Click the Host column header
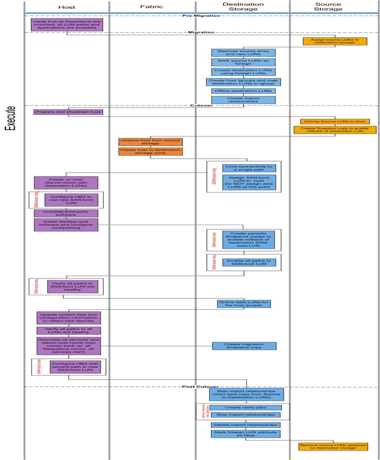click(67, 7)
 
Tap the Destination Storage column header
click(243, 7)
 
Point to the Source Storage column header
click(328, 7)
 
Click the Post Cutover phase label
click(200, 386)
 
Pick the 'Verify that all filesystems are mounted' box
click(67, 25)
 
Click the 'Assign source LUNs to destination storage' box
click(331, 41)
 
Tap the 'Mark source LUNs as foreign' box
click(243, 62)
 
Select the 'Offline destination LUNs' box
click(243, 91)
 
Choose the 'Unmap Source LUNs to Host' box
click(339, 122)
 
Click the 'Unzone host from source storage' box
click(150, 142)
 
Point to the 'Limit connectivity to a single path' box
click(248, 168)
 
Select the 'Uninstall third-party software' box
click(66, 213)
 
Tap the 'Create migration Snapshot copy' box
click(244, 346)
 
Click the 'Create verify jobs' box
click(245, 407)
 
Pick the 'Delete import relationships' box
click(245, 425)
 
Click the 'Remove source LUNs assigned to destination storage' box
click(333, 446)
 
